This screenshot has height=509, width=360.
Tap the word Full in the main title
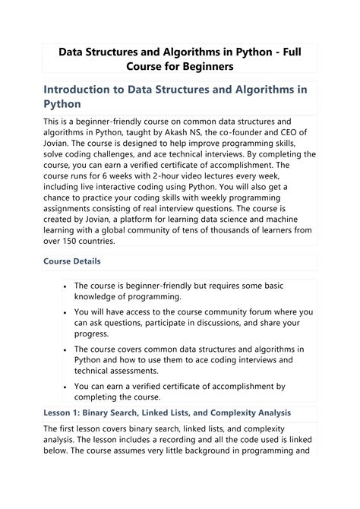pyautogui.click(x=292, y=52)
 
